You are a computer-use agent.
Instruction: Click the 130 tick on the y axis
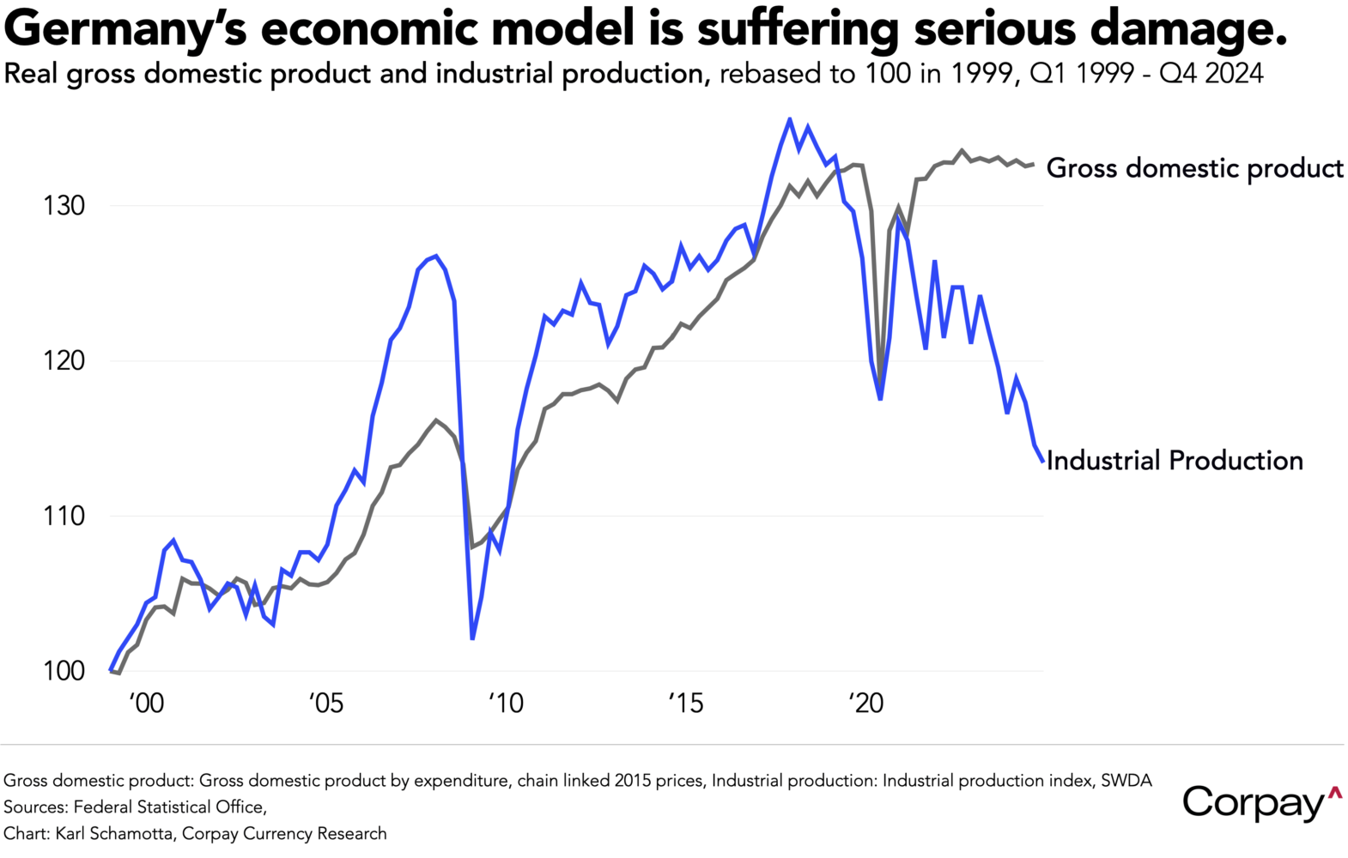pyautogui.click(x=64, y=206)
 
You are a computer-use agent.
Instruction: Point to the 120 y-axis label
pyautogui.click(x=64, y=360)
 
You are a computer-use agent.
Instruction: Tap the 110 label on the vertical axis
pyautogui.click(x=64, y=516)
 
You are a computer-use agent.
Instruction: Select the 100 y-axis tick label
pyautogui.click(x=64, y=671)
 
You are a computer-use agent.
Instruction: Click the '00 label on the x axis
pyautogui.click(x=146, y=704)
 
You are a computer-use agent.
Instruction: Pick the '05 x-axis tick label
pyautogui.click(x=325, y=704)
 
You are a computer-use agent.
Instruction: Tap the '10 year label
pyautogui.click(x=506, y=704)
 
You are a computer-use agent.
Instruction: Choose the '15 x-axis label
pyautogui.click(x=685, y=704)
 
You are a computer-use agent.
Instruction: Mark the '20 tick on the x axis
pyautogui.click(x=865, y=704)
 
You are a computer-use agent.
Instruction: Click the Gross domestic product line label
pyautogui.click(x=1193, y=168)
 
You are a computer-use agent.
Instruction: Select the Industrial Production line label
pyautogui.click(x=1174, y=461)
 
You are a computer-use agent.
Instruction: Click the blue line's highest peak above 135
pyautogui.click(x=790, y=119)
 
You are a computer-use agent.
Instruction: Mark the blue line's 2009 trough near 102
pyautogui.click(x=473, y=638)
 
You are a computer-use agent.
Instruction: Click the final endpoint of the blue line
pyautogui.click(x=1043, y=462)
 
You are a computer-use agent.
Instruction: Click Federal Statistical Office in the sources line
pyautogui.click(x=169, y=807)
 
